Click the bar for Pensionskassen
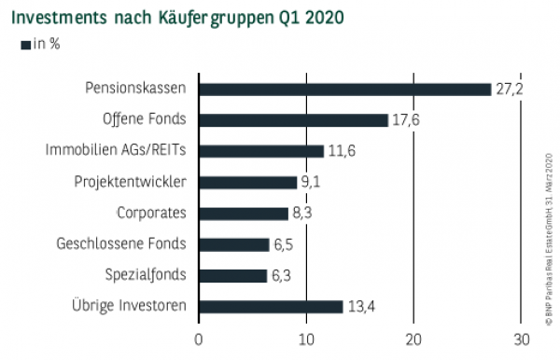tap(344, 89)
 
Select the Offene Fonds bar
tap(293, 119)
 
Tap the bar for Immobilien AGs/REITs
tap(260, 150)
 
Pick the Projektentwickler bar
tap(247, 182)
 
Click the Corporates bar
tap(243, 213)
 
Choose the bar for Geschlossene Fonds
tap(233, 244)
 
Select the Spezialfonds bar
tap(232, 275)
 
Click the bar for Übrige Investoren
tap(271, 306)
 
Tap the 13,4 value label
tap(362, 307)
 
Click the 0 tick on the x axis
tap(198, 338)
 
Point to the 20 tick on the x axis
tap(413, 338)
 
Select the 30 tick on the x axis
tap(521, 338)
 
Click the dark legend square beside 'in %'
tap(24, 44)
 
